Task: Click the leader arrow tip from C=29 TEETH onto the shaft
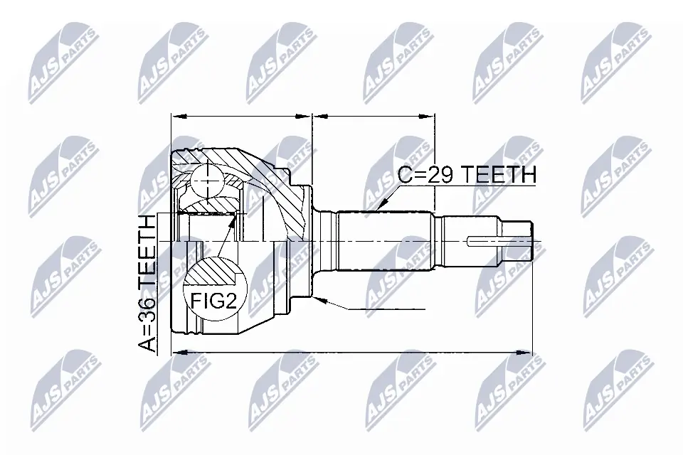tap(382, 205)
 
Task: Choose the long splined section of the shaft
tap(384, 241)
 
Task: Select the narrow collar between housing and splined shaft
tap(327, 241)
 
